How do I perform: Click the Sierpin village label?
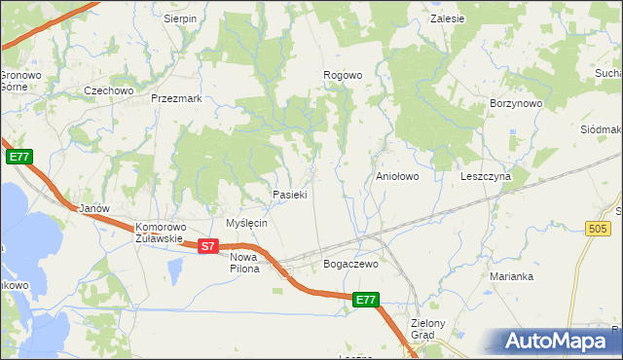[x=180, y=18]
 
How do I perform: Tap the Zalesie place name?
[x=451, y=18]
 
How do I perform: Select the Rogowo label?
[x=343, y=75]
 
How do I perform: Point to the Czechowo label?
[x=108, y=90]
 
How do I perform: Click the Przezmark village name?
[x=176, y=98]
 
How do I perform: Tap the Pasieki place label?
[x=290, y=195]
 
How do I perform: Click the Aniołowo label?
[x=397, y=177]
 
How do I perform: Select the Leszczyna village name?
[x=486, y=177]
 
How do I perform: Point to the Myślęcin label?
[x=246, y=223]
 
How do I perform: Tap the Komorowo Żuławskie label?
[x=159, y=232]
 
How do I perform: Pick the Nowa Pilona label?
[x=244, y=263]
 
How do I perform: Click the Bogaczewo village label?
[x=349, y=264]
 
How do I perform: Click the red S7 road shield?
[x=207, y=247]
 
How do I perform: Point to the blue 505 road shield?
[x=599, y=228]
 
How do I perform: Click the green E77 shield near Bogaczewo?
[x=365, y=301]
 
